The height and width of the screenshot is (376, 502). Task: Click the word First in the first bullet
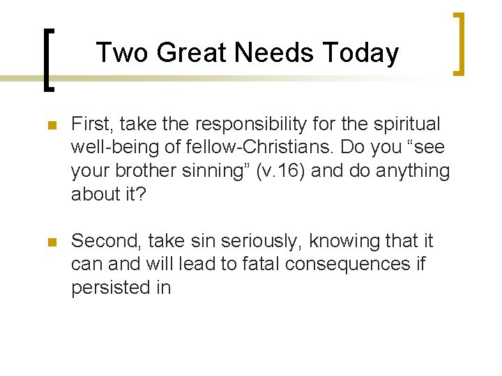(91, 124)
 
